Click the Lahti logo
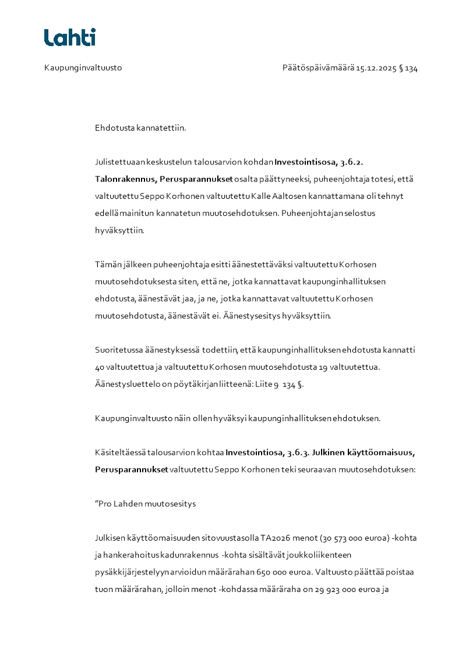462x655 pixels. [70, 37]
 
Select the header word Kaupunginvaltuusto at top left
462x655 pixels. [83, 68]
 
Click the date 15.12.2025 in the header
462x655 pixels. [376, 68]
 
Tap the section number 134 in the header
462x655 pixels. [411, 68]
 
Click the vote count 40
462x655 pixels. [100, 367]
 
